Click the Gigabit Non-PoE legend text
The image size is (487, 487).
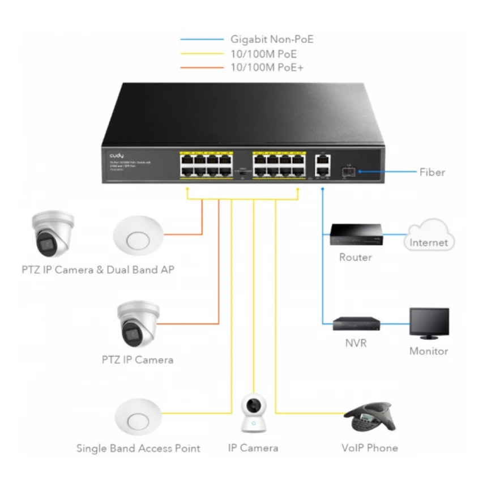271,40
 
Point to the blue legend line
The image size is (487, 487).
202,40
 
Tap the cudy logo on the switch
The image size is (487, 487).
117,155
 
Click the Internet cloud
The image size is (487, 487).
429,240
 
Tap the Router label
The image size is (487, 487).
355,258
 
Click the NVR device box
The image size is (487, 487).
354,323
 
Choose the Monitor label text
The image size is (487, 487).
429,351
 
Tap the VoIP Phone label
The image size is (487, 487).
369,448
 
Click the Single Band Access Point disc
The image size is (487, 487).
137,420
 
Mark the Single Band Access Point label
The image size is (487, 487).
138,448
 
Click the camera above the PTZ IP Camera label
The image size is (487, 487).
136,324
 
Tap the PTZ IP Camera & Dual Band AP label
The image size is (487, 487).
94,270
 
